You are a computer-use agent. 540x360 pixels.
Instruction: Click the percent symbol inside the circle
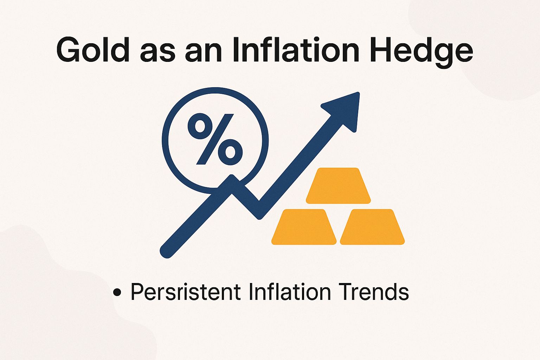click(215, 139)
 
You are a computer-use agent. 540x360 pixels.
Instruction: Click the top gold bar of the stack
click(338, 186)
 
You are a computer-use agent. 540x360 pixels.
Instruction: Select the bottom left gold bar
click(304, 227)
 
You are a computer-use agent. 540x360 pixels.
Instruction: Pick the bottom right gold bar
click(372, 227)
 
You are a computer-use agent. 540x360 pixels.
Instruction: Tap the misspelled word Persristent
click(186, 292)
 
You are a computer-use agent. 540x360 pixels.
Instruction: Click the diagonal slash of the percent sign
click(215, 139)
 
